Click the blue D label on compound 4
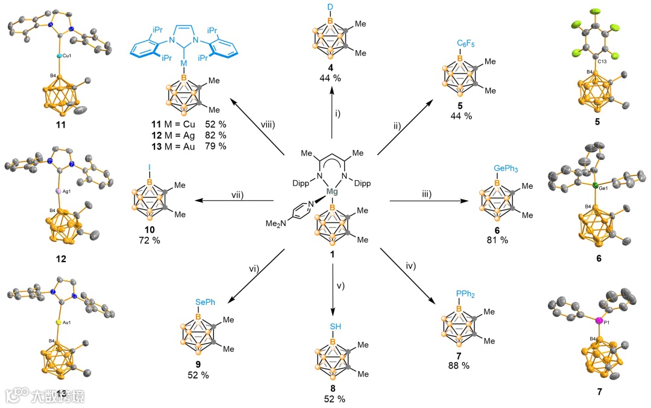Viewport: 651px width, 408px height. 330,6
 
